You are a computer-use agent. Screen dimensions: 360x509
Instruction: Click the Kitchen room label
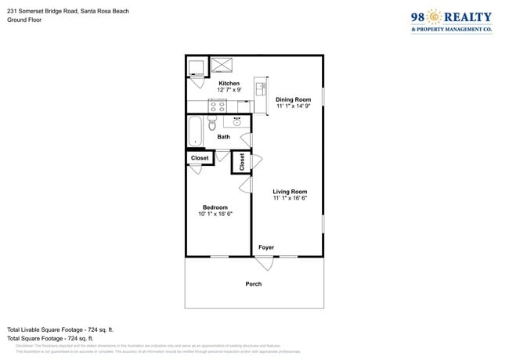[x=229, y=84]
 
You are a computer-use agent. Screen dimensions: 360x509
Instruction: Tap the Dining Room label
[x=293, y=99]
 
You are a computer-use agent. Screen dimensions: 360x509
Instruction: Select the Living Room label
[x=290, y=192]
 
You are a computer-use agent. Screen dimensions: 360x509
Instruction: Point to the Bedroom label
[x=215, y=207]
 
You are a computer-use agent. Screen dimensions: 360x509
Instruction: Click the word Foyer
[x=266, y=247]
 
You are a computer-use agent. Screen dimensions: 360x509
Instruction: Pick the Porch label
[x=254, y=283]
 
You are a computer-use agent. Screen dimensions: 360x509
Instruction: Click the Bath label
[x=224, y=137]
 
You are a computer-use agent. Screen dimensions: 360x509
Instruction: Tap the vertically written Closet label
[x=243, y=162]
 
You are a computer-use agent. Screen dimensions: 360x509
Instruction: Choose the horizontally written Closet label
[x=200, y=158]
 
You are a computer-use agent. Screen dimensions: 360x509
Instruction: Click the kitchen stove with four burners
[x=217, y=105]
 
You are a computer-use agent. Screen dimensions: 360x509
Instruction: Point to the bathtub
[x=195, y=131]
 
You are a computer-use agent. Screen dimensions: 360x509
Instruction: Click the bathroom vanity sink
[x=236, y=121]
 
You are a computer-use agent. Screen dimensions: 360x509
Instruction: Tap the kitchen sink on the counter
[x=262, y=86]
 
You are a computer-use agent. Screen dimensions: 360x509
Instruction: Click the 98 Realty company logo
[x=451, y=21]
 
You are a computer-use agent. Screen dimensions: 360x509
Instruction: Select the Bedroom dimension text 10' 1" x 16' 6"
[x=215, y=214]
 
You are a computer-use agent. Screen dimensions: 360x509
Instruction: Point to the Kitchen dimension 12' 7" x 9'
[x=229, y=90]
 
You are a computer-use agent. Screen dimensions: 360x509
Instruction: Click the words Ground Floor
[x=24, y=20]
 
